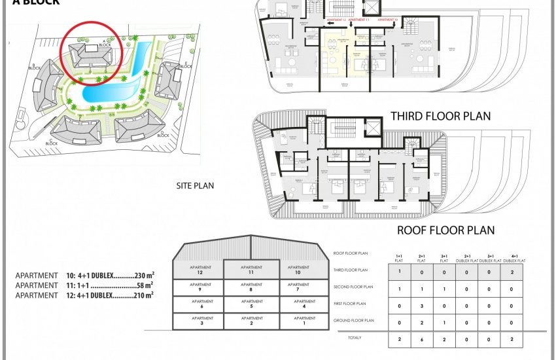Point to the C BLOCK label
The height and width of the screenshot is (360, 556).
52,141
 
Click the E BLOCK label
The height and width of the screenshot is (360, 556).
186,65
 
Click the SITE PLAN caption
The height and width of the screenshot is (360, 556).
195,185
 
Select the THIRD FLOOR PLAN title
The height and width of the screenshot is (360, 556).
440,117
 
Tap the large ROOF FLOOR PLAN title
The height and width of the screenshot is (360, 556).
445,230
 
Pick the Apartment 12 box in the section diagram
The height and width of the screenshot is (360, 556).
197,270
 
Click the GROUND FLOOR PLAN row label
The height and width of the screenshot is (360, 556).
353,321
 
